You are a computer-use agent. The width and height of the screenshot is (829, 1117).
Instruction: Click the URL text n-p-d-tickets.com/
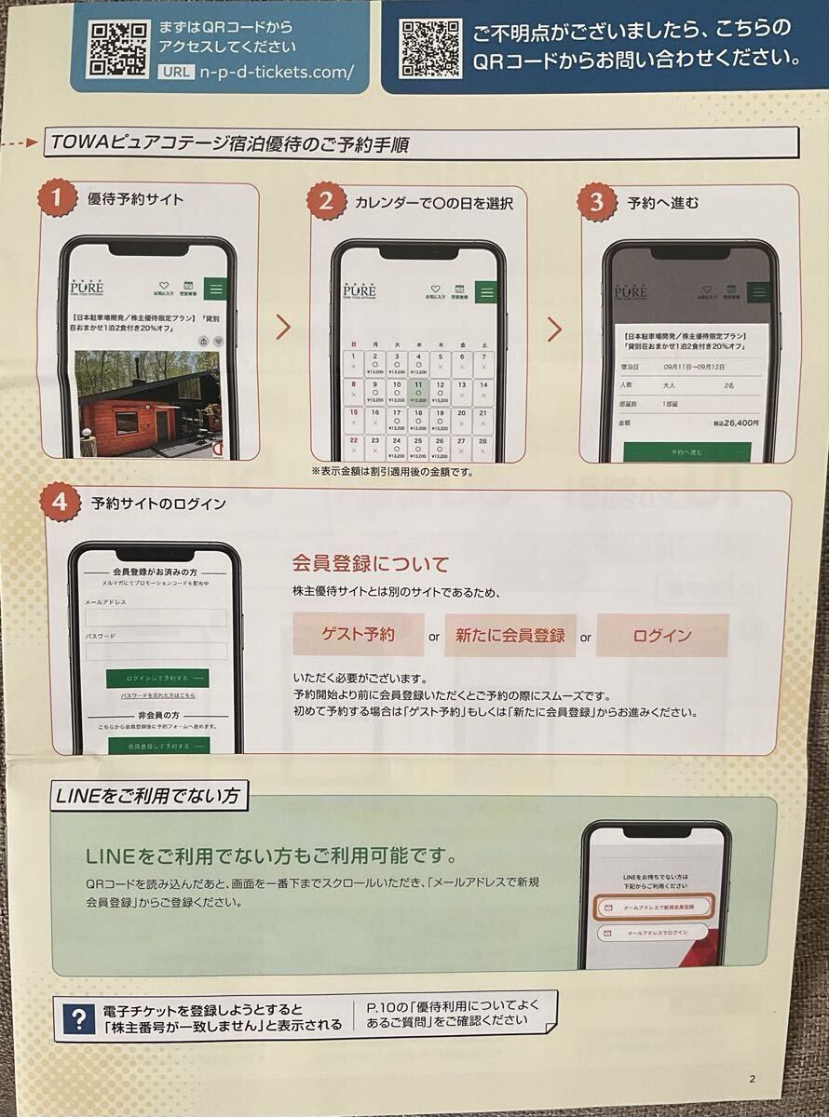point(277,73)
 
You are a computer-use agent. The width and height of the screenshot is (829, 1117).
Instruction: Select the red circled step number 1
point(57,198)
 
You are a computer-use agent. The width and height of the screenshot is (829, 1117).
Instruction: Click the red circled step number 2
point(326,201)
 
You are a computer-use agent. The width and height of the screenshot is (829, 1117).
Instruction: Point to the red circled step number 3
point(597,201)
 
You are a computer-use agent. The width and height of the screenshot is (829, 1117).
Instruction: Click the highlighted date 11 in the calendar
point(418,390)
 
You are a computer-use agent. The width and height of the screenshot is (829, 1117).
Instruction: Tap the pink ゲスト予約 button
point(359,636)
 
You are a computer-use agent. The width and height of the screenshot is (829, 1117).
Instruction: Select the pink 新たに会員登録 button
point(510,636)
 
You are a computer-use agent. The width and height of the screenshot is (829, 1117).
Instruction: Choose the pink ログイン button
point(662,636)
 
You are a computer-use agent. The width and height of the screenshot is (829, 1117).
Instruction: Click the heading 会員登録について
point(371,564)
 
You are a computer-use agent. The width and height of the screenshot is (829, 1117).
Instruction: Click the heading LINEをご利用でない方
point(147,796)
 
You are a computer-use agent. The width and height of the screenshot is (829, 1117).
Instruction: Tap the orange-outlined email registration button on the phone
point(653,906)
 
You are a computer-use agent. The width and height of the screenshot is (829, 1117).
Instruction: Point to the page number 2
point(752,1080)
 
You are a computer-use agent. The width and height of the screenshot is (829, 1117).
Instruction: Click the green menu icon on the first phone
point(216,289)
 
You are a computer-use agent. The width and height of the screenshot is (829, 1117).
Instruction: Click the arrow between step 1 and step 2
point(284,328)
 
